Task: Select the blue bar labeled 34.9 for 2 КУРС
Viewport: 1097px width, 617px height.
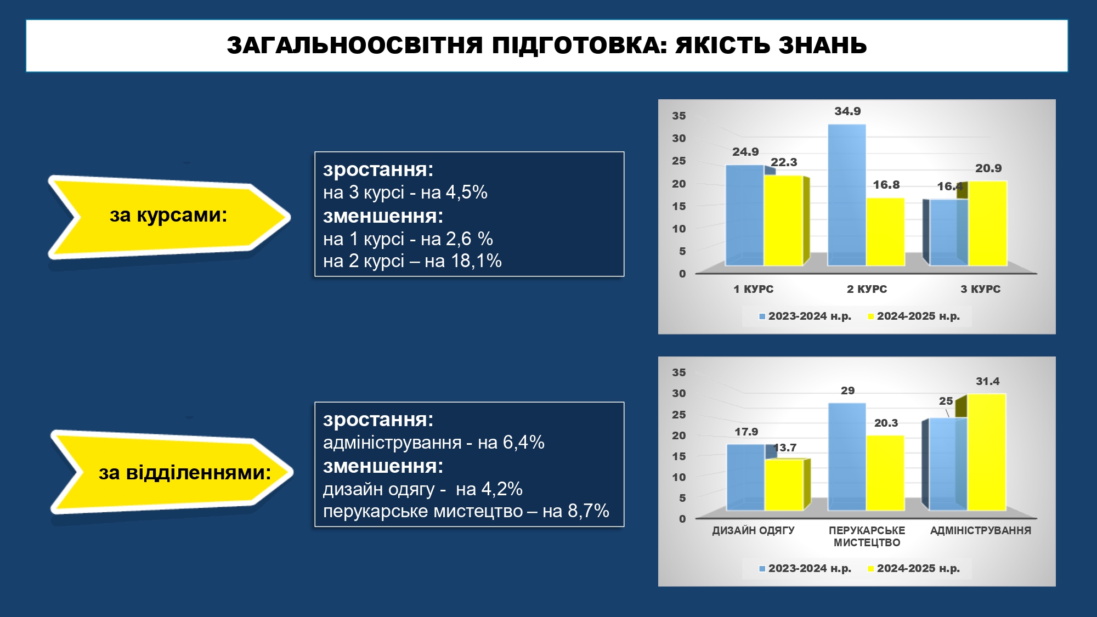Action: pos(847,195)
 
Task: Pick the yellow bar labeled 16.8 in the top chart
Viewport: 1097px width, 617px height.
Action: pos(886,232)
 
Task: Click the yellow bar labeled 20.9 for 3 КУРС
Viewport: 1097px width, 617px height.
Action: pos(987,224)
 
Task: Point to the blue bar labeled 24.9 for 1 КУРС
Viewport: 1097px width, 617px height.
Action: pos(745,216)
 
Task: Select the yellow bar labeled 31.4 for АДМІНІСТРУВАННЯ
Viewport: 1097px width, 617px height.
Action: pos(986,452)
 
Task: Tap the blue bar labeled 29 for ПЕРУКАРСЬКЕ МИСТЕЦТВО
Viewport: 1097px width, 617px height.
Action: pos(847,457)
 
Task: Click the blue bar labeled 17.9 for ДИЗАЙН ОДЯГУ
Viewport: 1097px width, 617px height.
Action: pos(745,478)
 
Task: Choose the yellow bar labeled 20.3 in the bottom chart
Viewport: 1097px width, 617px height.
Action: pos(886,473)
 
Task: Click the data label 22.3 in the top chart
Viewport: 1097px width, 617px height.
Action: pos(784,162)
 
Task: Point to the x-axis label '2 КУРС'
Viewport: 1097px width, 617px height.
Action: pos(867,289)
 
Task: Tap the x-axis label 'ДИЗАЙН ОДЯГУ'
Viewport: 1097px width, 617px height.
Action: pos(753,530)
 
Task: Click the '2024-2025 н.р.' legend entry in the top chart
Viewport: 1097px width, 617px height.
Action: pos(914,316)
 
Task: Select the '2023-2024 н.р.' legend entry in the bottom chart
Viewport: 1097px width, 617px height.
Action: pos(805,569)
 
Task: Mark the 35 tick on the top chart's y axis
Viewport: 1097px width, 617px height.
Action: pos(679,116)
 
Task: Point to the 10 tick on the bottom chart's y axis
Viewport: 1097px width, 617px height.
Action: pos(679,477)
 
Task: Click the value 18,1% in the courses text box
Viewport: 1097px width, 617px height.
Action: pos(476,261)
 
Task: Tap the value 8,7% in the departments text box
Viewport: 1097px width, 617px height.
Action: pos(589,511)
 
